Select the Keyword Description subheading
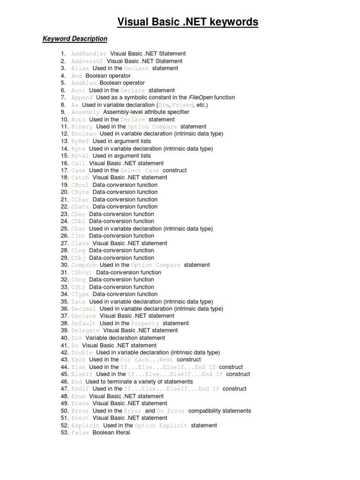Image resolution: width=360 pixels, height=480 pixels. click(75, 38)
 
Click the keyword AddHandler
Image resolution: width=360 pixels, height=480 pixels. click(89, 54)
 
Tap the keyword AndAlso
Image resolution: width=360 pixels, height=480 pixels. click(83, 83)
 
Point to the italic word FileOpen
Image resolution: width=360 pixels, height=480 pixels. click(200, 97)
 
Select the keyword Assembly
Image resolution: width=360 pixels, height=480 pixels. click(85, 112)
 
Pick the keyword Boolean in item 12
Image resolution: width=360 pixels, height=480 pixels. click(83, 134)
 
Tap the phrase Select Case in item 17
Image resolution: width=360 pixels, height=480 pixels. click(140, 171)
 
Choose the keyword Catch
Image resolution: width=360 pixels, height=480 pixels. click(80, 178)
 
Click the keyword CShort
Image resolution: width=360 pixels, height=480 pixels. click(82, 272)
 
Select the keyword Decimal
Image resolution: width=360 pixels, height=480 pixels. click(83, 309)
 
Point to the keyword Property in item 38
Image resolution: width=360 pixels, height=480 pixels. click(145, 323)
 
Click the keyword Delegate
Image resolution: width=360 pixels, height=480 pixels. click(85, 330)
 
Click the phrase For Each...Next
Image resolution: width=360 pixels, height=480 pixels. click(147, 360)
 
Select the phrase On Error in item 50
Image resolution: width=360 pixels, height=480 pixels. click(171, 411)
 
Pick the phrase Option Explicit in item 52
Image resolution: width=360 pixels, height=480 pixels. click(161, 426)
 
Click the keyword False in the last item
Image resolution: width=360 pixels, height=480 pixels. click(80, 433)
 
